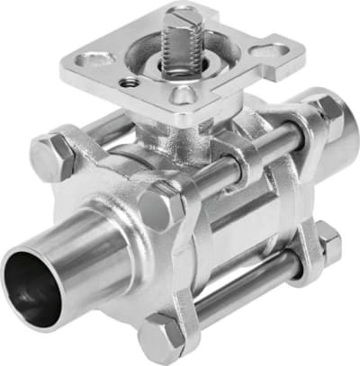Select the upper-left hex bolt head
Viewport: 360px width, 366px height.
coord(56,155)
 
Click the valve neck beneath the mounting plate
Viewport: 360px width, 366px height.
coord(171,135)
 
